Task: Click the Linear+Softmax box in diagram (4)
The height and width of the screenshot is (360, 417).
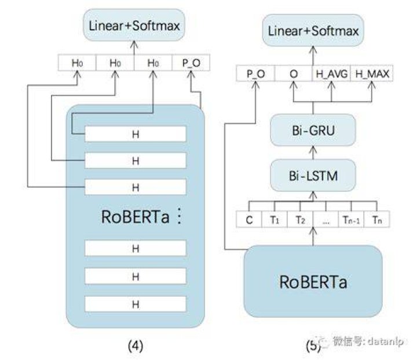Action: coord(134,25)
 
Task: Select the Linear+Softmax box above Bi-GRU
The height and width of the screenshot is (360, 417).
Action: coord(313,30)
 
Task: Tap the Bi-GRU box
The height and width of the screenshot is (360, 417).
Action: coord(313,130)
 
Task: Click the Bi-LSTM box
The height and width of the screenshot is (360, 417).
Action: coord(313,176)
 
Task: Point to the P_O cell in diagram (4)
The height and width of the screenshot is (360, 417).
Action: coord(191,63)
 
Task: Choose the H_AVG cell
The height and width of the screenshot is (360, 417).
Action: coord(332,74)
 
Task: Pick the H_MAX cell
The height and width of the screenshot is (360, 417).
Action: coord(372,74)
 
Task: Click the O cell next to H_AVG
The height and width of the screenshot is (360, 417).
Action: coord(294,74)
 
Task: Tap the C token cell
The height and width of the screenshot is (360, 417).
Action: coord(249,219)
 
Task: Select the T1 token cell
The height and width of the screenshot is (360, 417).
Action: coord(275,219)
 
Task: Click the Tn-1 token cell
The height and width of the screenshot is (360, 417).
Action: coord(351,219)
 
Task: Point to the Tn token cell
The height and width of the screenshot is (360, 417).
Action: coord(376,219)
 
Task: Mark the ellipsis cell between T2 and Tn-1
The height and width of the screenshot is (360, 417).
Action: coord(325,219)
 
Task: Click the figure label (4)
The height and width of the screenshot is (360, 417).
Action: coord(136,346)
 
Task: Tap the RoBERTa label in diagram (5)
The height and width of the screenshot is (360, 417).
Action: coord(313,282)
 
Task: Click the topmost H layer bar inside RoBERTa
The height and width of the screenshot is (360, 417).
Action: coord(136,134)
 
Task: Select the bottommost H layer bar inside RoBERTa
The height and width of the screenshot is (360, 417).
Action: coord(136,304)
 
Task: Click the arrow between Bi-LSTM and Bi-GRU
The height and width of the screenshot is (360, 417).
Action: coord(313,152)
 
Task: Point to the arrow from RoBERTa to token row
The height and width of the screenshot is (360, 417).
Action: coord(313,236)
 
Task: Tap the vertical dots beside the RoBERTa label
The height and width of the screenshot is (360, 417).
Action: coord(180,216)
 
